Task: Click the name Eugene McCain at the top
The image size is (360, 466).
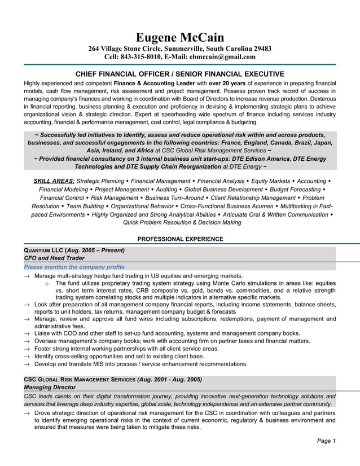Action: [180, 37]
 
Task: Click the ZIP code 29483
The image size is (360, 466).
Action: [262, 49]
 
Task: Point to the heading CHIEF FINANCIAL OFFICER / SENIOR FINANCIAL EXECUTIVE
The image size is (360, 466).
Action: [180, 74]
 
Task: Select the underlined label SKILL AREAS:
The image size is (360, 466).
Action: [54, 181]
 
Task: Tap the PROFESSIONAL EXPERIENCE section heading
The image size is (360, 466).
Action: [180, 239]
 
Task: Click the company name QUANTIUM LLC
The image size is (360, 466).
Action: [43, 250]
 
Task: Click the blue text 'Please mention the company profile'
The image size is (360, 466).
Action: [74, 267]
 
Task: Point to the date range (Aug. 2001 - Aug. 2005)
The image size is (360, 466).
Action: [169, 379]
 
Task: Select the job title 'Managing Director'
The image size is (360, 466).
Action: [49, 388]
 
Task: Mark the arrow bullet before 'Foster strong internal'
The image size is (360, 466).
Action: [27, 349]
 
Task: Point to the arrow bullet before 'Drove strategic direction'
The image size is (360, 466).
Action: [27, 413]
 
